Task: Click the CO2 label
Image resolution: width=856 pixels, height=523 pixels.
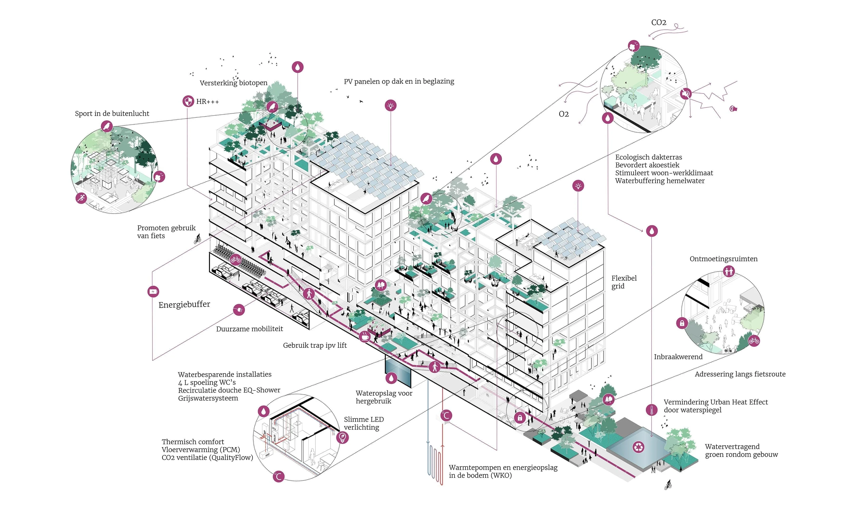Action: pyautogui.click(x=658, y=23)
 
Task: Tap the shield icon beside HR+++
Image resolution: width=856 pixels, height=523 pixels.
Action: pyautogui.click(x=188, y=102)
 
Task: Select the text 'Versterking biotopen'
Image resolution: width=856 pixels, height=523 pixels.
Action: pyautogui.click(x=233, y=83)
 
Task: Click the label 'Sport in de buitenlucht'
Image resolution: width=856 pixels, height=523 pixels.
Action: pyautogui.click(x=112, y=114)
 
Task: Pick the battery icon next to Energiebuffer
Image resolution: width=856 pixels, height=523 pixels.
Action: pyautogui.click(x=153, y=291)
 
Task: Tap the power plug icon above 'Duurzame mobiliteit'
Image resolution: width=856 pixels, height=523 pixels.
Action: pyautogui.click(x=239, y=310)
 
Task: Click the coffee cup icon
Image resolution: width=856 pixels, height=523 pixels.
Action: pyautogui.click(x=365, y=337)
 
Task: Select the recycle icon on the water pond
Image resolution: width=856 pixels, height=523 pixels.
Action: pyautogui.click(x=638, y=447)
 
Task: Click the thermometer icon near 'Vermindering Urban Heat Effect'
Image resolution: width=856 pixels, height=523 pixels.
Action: pyautogui.click(x=652, y=410)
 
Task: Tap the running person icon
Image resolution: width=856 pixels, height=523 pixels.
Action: pyautogui.click(x=81, y=198)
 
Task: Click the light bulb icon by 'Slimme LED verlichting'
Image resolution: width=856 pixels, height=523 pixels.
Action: pyautogui.click(x=342, y=437)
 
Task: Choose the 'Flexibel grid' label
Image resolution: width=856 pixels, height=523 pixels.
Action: pyautogui.click(x=624, y=282)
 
